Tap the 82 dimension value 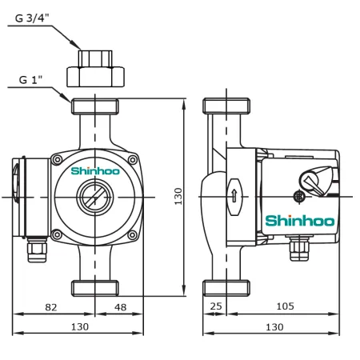(x=50, y=306)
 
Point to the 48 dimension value (x=121, y=306)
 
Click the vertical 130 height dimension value (x=178, y=195)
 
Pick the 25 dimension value (x=215, y=306)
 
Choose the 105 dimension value (x=285, y=306)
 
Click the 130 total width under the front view (x=79, y=326)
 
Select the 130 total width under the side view (x=274, y=326)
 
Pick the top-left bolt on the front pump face (x=57, y=161)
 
